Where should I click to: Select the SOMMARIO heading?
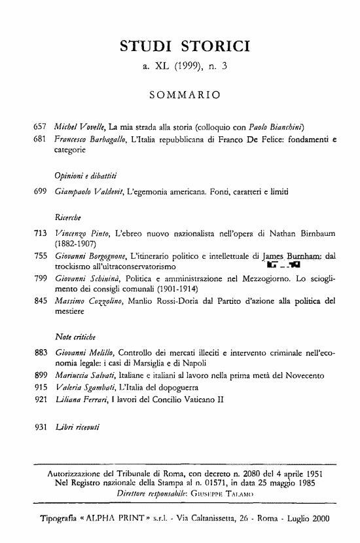coord(184,96)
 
